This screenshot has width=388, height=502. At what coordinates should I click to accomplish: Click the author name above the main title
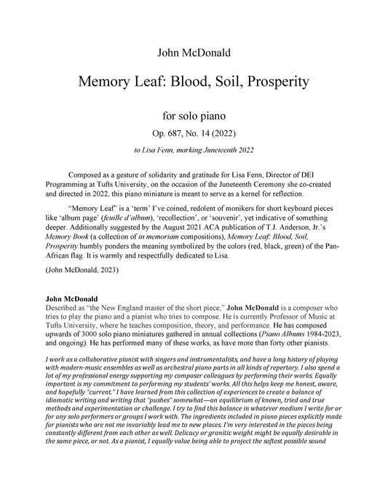[x=193, y=52]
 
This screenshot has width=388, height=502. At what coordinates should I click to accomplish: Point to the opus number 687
[x=181, y=134]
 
